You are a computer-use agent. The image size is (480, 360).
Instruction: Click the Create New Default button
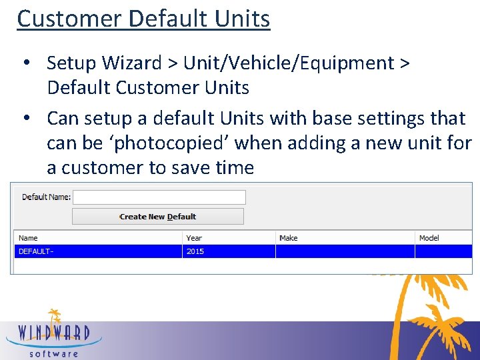click(158, 217)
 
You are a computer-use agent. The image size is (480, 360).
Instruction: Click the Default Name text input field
click(159, 197)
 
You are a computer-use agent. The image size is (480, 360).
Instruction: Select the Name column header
click(29, 238)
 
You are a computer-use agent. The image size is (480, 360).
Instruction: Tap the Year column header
click(194, 238)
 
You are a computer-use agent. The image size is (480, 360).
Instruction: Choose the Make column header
click(289, 238)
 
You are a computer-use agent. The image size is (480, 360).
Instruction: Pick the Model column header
click(429, 238)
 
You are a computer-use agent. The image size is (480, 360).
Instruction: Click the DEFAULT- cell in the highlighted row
click(35, 251)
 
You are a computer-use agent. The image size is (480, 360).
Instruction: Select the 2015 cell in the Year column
click(195, 251)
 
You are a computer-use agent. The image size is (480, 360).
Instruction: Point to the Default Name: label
click(46, 197)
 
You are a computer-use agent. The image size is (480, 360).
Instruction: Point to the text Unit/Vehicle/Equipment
click(289, 63)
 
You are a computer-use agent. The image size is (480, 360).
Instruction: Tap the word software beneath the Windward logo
click(54, 353)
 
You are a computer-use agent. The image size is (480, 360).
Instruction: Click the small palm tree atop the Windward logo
click(54, 315)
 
